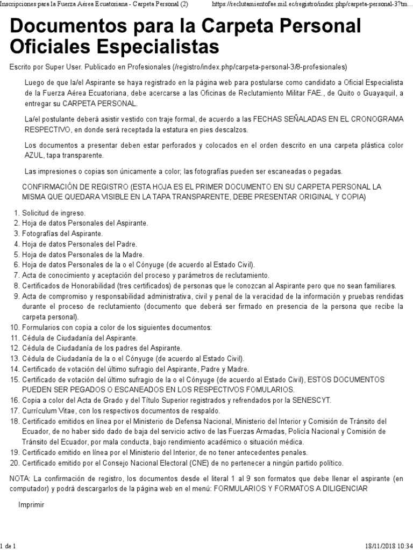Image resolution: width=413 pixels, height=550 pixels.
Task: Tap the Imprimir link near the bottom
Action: (x=31, y=505)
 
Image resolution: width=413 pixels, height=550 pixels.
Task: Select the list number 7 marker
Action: (x=17, y=275)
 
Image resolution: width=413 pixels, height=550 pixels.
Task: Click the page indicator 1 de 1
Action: (x=9, y=545)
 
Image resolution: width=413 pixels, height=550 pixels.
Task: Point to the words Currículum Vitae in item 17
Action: (x=47, y=410)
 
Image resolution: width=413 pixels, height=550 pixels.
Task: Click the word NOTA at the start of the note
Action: (x=21, y=478)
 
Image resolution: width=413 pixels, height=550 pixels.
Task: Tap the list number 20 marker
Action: (x=15, y=462)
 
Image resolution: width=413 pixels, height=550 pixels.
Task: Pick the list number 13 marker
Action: (x=15, y=358)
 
